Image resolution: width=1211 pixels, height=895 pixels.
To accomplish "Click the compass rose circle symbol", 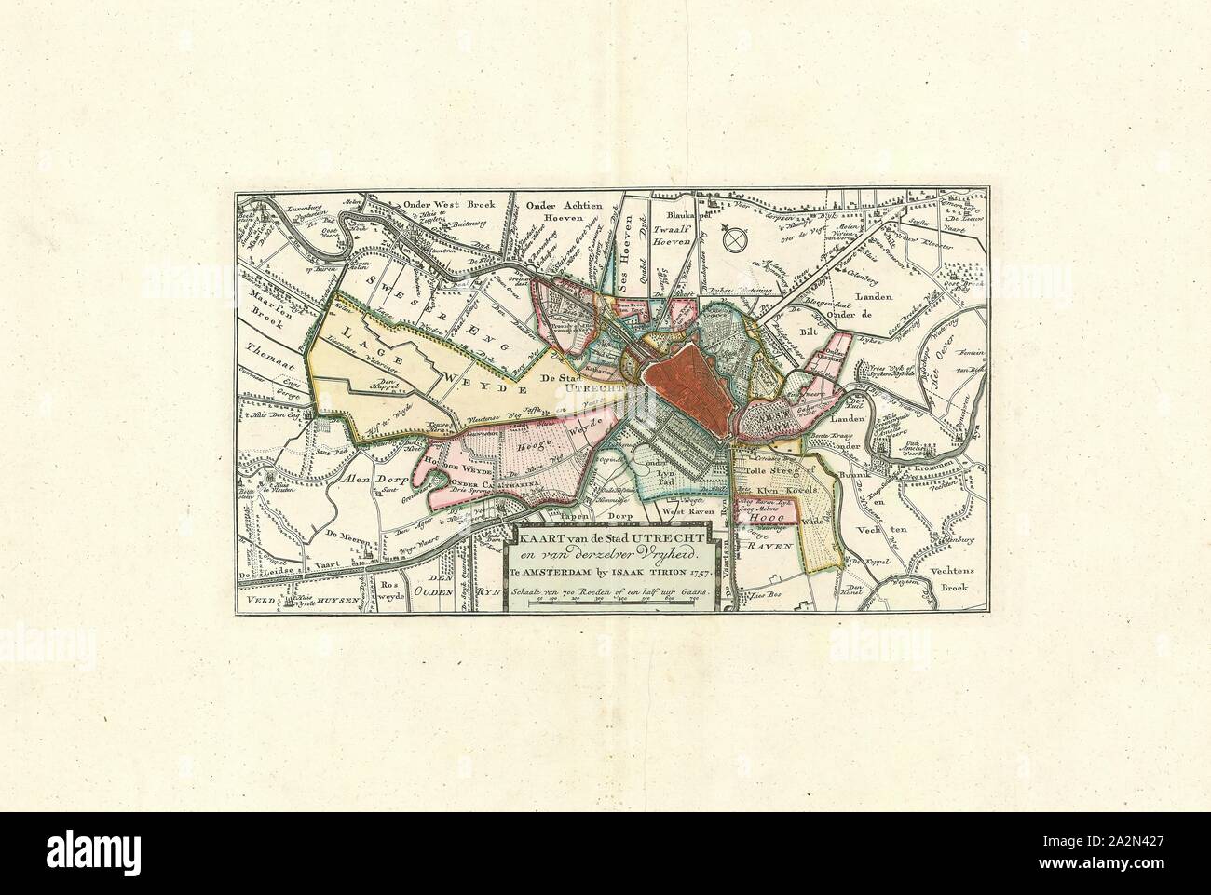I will pyautogui.click(x=736, y=238).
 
